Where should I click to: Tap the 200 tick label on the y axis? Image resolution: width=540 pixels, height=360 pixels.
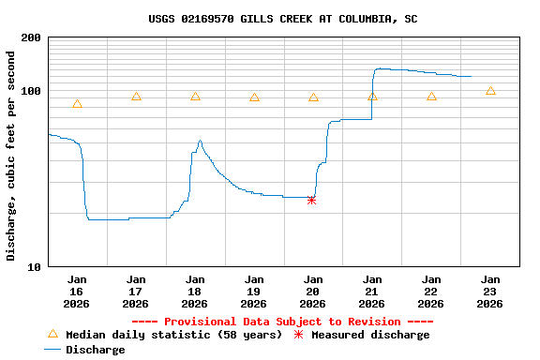[x=30, y=37]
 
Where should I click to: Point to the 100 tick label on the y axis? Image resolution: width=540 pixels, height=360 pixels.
[x=30, y=91]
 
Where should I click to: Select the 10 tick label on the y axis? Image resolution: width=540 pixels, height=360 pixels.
[x=33, y=267]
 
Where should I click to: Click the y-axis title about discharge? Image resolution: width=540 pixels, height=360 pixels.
[x=11, y=156]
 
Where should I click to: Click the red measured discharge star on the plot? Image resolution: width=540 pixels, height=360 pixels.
[x=311, y=200]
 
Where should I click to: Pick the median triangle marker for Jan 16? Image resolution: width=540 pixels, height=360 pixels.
[x=77, y=104]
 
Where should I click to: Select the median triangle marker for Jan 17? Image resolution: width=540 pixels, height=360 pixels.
[x=136, y=97]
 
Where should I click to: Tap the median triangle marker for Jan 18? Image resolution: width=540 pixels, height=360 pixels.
[x=195, y=97]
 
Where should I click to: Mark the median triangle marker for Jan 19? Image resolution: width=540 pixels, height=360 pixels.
[x=254, y=97]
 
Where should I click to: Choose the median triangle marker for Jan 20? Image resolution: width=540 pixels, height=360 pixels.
[x=313, y=97]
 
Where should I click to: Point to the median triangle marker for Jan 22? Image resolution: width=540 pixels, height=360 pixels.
[x=431, y=97]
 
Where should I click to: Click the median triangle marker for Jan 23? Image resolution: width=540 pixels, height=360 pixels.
[x=490, y=91]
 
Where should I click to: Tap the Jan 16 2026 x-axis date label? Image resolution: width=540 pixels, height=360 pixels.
[x=77, y=292]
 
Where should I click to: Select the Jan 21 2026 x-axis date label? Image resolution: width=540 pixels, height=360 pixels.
[x=372, y=292]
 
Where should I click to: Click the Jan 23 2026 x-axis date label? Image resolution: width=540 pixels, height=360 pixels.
[x=490, y=292]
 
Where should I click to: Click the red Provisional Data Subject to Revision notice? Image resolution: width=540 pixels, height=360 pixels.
[x=282, y=322]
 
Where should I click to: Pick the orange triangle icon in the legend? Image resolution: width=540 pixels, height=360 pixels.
[x=52, y=334]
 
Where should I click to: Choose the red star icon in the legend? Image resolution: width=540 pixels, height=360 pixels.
[x=299, y=335]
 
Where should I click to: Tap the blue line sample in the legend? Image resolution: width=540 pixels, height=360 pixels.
[x=52, y=350]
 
